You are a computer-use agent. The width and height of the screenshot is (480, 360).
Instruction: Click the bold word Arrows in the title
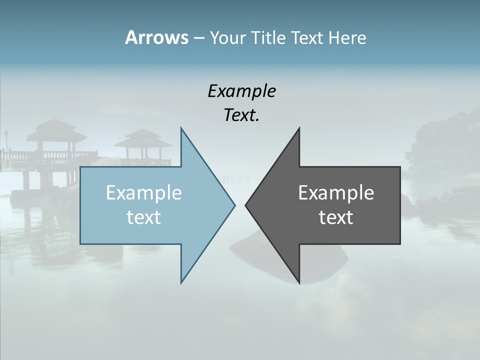coord(156,37)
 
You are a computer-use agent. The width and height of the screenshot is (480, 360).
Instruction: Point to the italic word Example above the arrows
coord(241,91)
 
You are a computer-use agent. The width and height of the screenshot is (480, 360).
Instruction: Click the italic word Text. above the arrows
coord(241,115)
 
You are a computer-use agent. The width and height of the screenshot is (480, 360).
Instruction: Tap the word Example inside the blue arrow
coord(144,192)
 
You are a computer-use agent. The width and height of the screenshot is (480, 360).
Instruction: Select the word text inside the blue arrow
coord(144,217)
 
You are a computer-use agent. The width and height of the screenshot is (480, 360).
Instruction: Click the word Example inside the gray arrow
coord(336,192)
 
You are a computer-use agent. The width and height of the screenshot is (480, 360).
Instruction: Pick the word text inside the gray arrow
coord(336,217)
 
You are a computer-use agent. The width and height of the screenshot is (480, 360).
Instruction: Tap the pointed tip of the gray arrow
coord(246,205)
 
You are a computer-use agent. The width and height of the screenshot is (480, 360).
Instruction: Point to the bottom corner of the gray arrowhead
coord(299,282)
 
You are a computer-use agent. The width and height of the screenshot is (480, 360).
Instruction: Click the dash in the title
coord(198,38)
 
